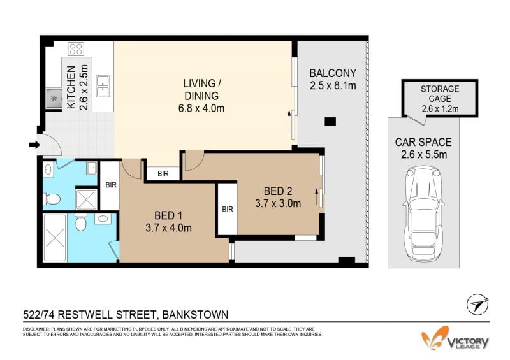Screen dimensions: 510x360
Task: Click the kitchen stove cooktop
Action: coord(76,48)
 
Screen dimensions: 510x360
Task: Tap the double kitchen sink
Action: coord(103,86)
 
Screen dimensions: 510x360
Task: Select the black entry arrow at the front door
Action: coord(34,145)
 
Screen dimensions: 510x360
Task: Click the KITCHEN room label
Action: coord(71,87)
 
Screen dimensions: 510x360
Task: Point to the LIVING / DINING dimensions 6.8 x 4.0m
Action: coord(201,108)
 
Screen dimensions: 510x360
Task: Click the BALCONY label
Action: coord(333,73)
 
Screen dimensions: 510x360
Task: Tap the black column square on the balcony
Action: coord(330,122)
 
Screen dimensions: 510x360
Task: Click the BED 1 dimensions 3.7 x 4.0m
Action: coord(168,228)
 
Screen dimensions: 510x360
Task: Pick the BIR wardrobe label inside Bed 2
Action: coord(228,210)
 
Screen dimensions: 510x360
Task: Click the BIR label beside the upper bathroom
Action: coord(111,185)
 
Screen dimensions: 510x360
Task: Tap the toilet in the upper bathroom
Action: coord(52,199)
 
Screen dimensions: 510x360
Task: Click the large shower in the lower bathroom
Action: coord(55,238)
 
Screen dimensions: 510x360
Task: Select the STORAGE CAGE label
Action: coord(440,94)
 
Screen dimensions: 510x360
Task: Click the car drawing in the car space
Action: coord(423,213)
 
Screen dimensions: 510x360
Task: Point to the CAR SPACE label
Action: coord(423,142)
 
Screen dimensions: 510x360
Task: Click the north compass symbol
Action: coord(477,304)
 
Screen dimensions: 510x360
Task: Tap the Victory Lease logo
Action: coord(455,338)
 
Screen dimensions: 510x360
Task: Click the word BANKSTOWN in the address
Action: coord(195,315)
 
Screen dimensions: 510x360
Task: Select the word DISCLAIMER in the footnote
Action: coord(36,329)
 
